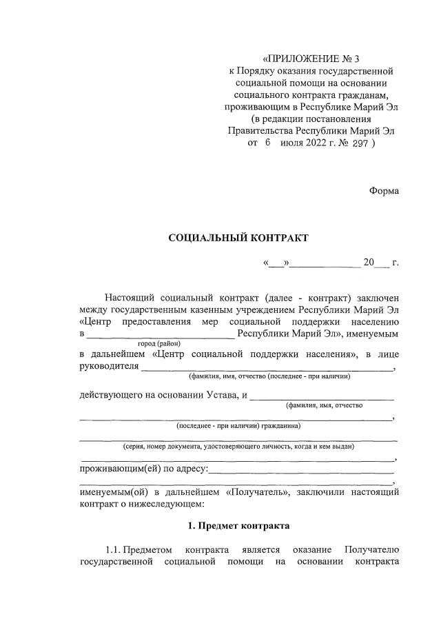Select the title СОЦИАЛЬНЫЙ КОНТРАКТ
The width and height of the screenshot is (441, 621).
click(239, 238)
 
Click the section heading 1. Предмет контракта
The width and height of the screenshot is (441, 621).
click(239, 525)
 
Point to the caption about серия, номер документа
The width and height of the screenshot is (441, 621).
click(238, 447)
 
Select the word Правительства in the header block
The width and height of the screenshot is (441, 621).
click(260, 131)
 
